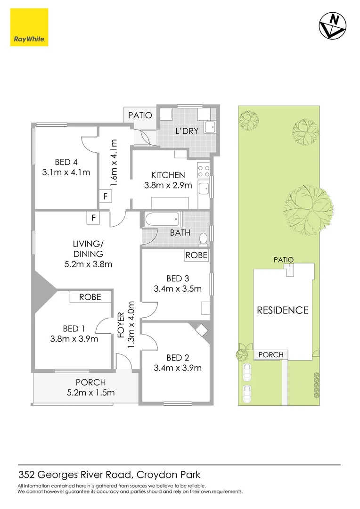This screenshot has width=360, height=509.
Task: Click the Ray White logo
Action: (28, 28)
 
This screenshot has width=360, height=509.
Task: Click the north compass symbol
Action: (332, 25)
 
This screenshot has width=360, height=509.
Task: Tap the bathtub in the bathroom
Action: (162, 219)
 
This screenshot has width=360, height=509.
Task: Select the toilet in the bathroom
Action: (203, 239)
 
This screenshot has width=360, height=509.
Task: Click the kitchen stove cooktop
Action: (204, 170)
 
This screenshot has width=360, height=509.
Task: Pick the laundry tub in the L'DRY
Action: (211, 126)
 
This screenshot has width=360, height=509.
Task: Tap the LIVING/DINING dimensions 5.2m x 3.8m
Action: (88, 264)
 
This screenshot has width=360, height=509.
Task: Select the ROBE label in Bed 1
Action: (90, 297)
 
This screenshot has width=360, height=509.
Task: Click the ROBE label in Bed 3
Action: (196, 254)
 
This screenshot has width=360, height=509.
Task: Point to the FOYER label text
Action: (120, 325)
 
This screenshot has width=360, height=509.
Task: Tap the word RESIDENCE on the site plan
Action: (282, 310)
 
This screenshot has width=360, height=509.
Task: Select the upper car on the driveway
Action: (246, 372)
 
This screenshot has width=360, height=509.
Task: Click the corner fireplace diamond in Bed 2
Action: (200, 329)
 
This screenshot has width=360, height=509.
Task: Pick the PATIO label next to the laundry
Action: (140, 115)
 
